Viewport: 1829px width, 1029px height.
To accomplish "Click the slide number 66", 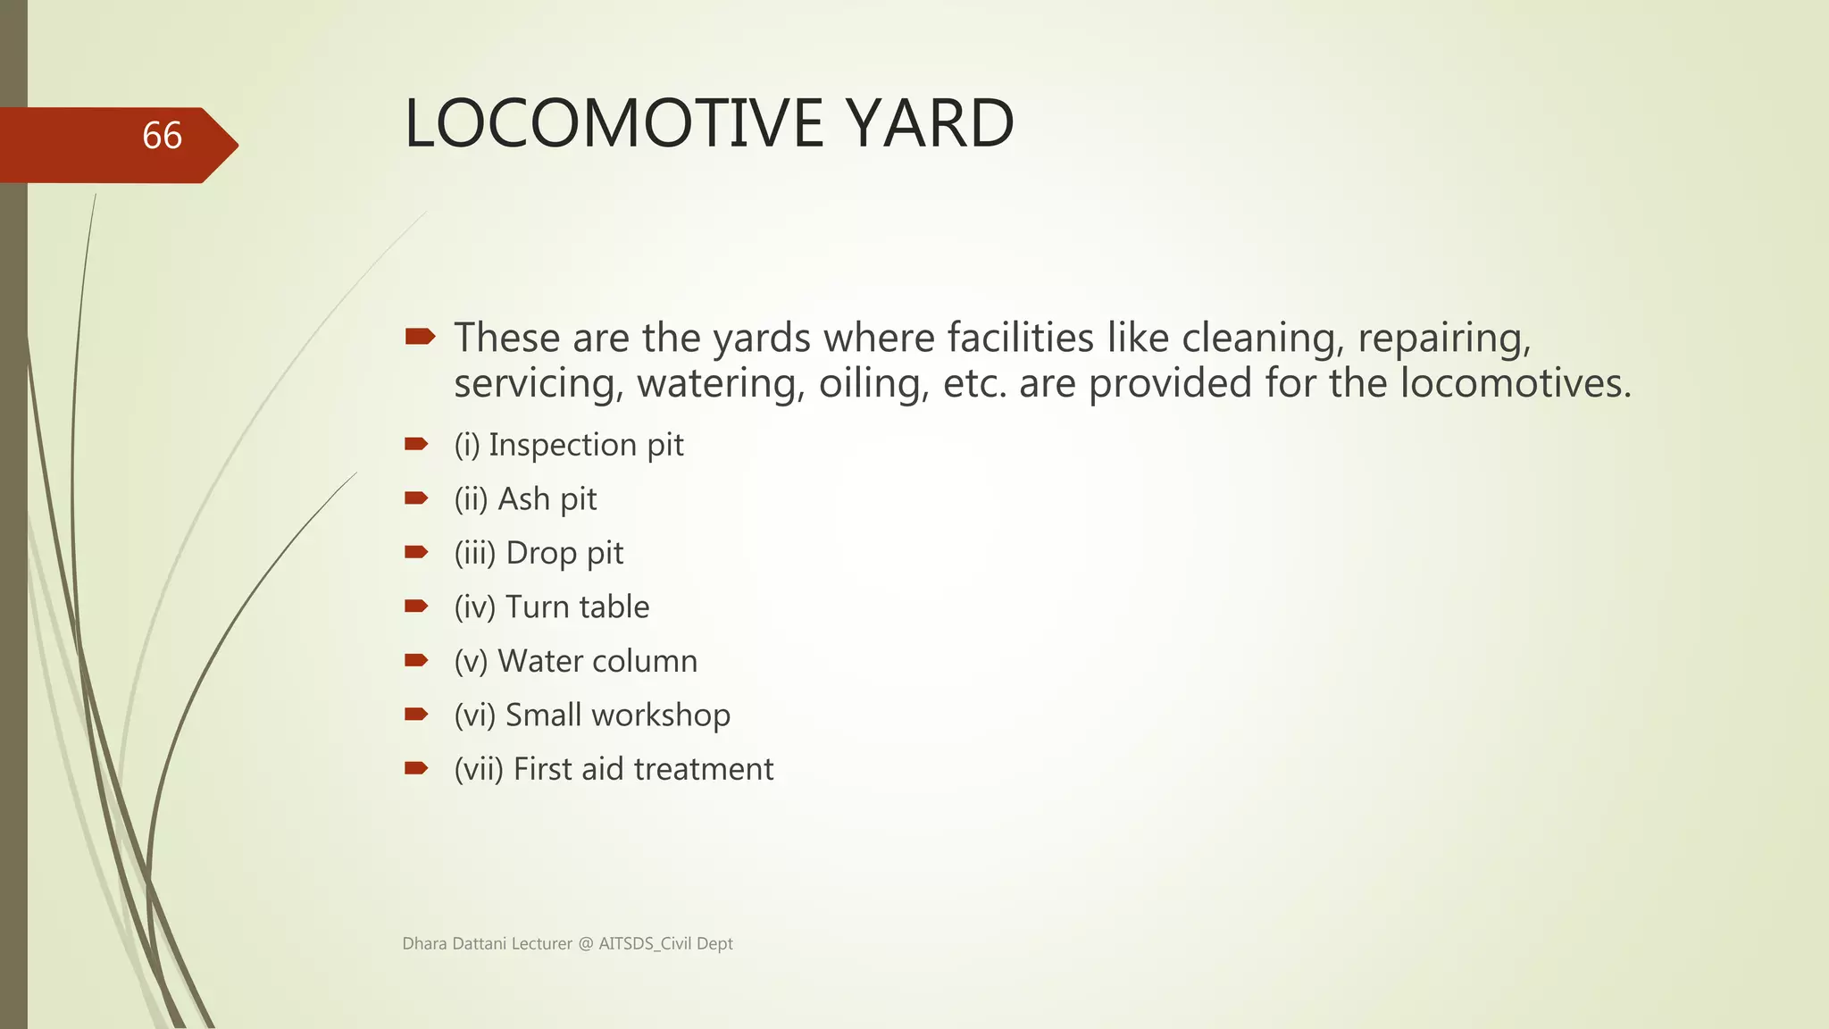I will click(162, 136).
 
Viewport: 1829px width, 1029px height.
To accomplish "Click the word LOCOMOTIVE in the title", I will click(613, 123).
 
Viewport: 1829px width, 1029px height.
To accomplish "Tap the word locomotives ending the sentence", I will click(1515, 384).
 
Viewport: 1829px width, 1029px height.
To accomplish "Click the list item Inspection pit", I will click(569, 445).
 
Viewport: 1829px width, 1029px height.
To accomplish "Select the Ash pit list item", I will click(525, 499).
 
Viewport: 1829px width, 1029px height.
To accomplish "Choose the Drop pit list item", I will click(539, 553).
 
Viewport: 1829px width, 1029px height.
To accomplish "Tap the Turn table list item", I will click(552, 607).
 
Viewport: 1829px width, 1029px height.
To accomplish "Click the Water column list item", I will click(576, 661).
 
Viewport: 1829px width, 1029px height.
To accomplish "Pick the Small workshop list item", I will click(592, 715).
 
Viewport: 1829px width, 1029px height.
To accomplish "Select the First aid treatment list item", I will click(614, 769).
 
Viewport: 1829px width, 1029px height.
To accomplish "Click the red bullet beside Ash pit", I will click(416, 498).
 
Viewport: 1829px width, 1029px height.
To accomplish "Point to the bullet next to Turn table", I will click(416, 607).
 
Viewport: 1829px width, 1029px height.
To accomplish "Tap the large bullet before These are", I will click(420, 337).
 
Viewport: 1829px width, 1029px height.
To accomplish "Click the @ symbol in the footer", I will click(585, 944).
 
